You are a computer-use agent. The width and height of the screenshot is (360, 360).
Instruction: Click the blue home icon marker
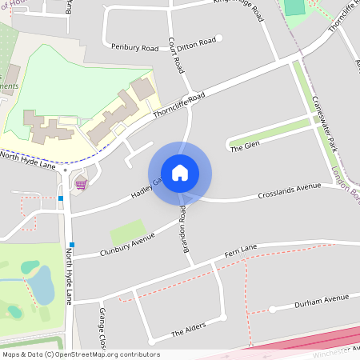[180, 173]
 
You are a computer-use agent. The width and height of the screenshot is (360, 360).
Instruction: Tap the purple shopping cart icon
[81, 184]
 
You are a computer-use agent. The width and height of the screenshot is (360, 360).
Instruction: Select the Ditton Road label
[197, 41]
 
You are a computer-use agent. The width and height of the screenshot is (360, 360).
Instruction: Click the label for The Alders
[189, 329]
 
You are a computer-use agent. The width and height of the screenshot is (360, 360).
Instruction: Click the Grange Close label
[102, 327]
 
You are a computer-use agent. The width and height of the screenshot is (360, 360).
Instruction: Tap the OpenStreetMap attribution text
[81, 354]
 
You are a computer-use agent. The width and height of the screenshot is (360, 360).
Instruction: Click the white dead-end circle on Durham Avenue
[273, 309]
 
